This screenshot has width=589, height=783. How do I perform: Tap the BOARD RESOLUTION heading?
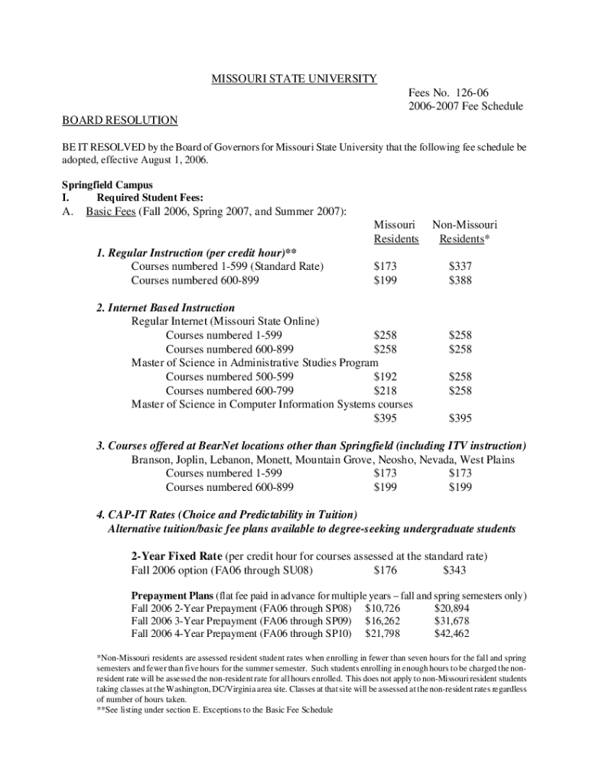click(x=119, y=120)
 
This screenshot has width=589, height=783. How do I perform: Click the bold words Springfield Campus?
click(x=107, y=184)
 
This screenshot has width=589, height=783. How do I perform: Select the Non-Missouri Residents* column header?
click(x=464, y=232)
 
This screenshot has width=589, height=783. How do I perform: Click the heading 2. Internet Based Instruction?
click(x=165, y=307)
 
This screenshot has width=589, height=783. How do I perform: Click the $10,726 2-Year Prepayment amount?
click(x=382, y=607)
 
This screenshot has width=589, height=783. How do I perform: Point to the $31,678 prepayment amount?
click(x=451, y=620)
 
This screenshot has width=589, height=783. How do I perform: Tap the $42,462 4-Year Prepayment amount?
click(x=451, y=633)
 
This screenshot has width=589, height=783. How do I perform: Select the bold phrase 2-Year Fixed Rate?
click(x=177, y=555)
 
